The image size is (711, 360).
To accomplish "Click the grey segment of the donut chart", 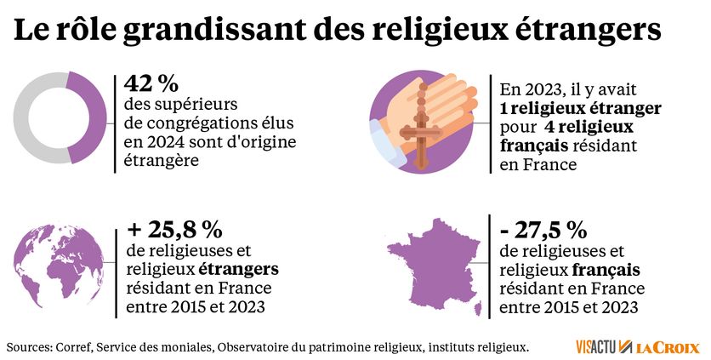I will (x=30, y=117).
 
